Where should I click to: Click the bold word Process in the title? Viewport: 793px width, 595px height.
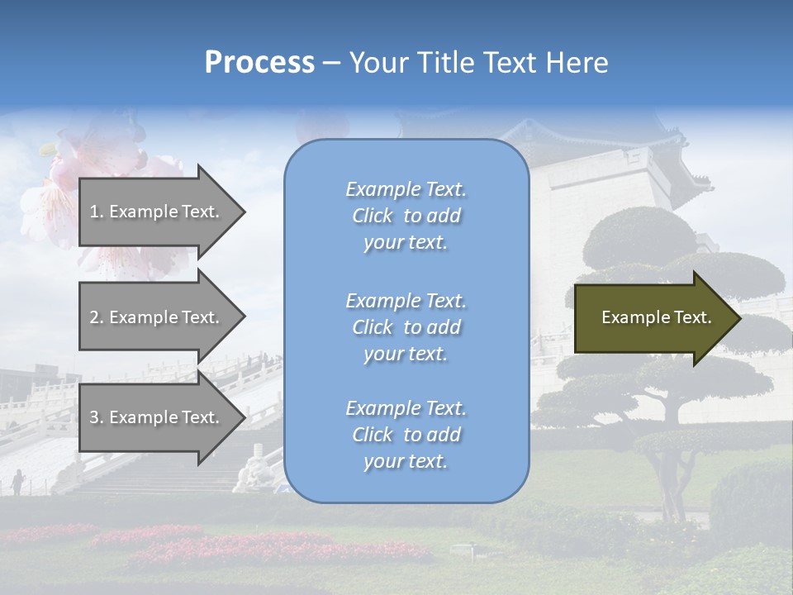[x=259, y=63]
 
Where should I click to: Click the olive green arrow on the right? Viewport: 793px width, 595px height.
[x=653, y=317]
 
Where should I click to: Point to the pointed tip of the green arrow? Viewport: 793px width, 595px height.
[x=739, y=318]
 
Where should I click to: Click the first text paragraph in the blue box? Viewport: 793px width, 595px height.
[x=406, y=216]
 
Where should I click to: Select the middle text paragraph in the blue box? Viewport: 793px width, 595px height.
[x=406, y=327]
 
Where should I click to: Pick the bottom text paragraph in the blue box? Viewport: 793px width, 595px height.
[x=406, y=435]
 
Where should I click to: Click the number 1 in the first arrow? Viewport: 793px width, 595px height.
[x=93, y=212]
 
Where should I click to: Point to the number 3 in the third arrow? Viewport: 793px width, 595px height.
[x=93, y=417]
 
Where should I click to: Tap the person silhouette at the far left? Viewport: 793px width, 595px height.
[x=17, y=480]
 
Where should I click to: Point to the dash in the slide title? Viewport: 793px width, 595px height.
[x=332, y=63]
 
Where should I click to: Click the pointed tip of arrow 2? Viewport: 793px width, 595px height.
[x=244, y=317]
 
